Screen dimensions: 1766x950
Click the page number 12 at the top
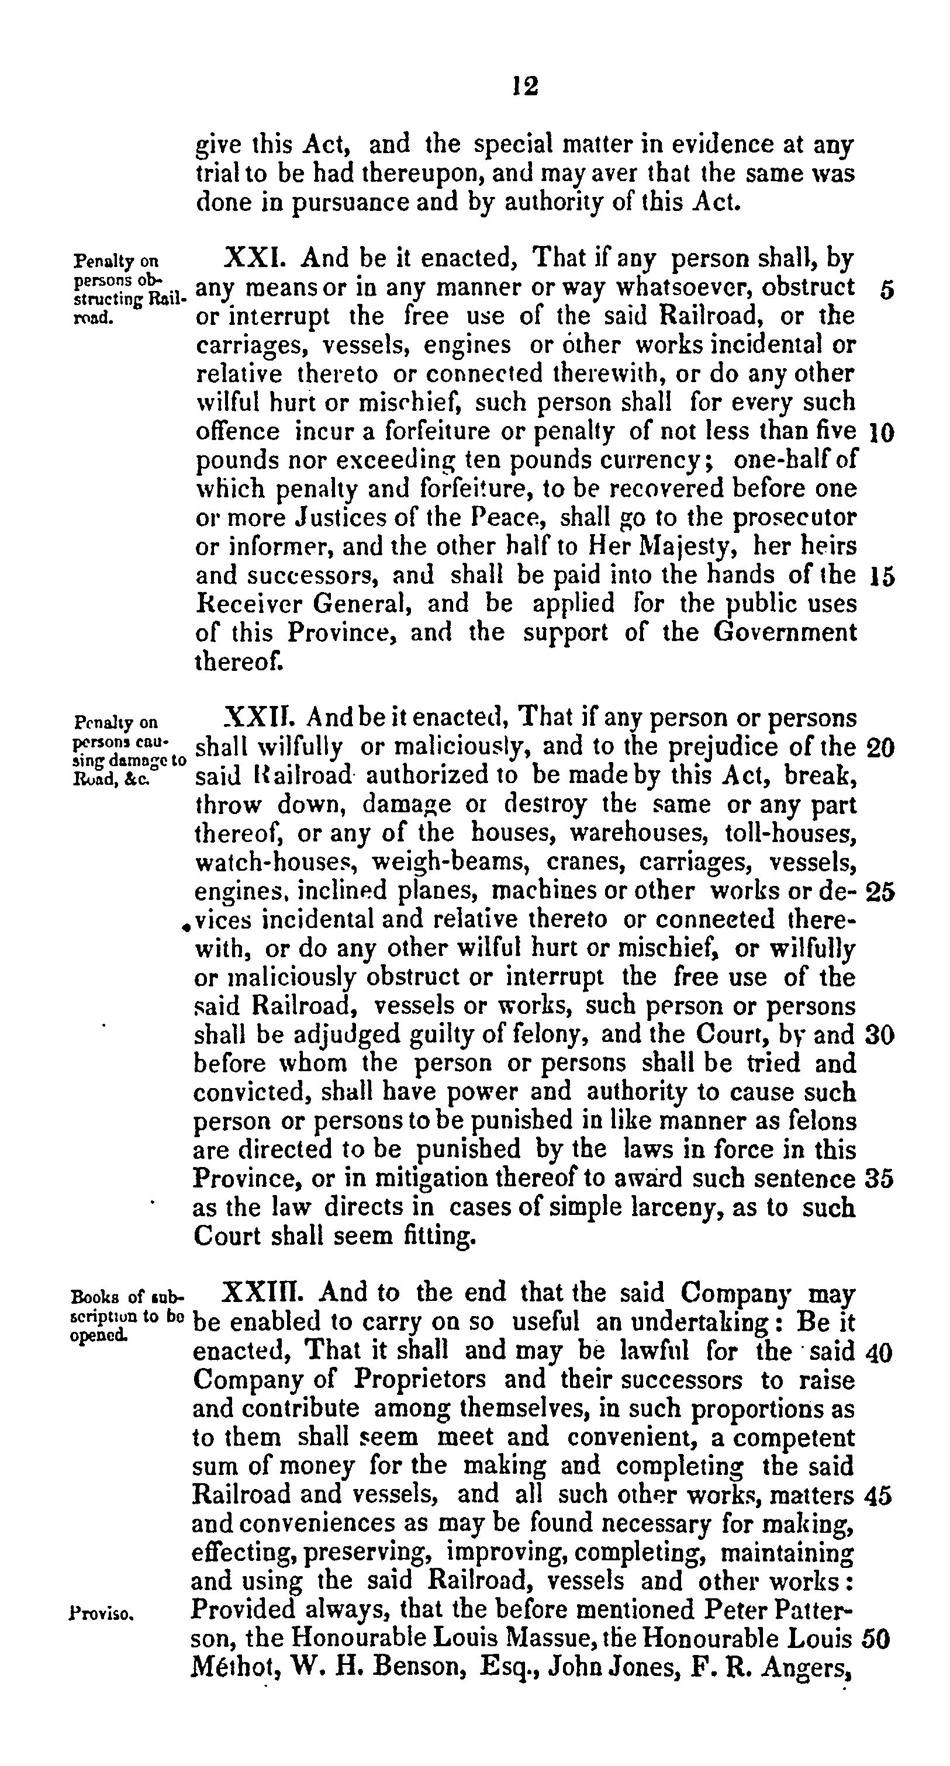click(526, 86)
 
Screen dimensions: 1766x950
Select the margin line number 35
click(879, 1179)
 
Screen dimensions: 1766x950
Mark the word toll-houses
click(789, 834)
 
